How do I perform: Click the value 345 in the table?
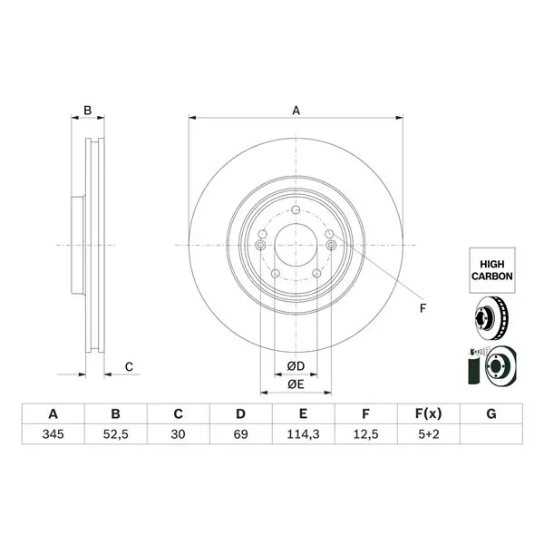53,434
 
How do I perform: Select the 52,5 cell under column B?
115,434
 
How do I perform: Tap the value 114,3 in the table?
303,434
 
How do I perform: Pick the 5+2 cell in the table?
429,434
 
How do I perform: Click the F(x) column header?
429,413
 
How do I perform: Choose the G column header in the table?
491,413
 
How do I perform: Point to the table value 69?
240,434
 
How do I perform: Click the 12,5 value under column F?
365,434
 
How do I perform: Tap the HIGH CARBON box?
492,270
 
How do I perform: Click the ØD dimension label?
296,365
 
